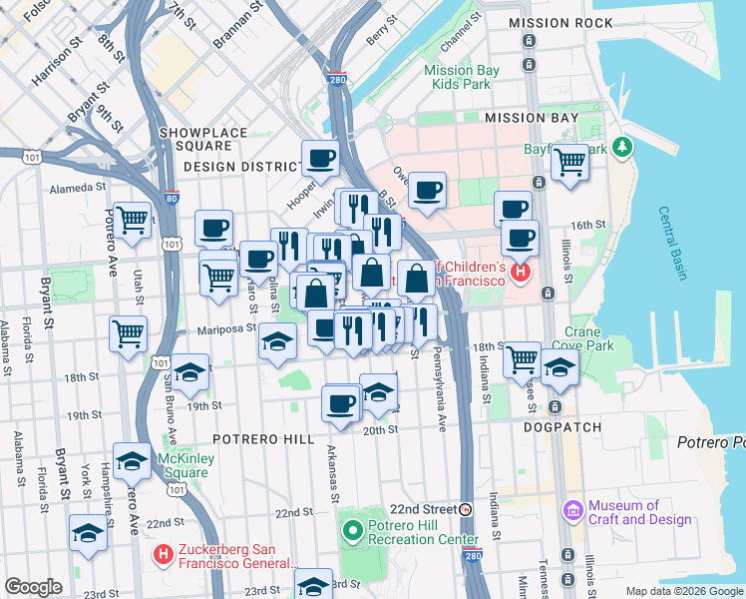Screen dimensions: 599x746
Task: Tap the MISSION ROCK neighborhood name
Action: pos(559,23)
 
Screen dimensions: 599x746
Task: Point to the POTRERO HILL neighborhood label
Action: pos(263,439)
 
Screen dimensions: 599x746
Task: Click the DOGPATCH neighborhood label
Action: pos(562,427)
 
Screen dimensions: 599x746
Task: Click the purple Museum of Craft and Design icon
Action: pos(572,511)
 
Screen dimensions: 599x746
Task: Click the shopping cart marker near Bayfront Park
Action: pos(569,161)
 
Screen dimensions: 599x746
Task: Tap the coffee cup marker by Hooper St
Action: pos(321,157)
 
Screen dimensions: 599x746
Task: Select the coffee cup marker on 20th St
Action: pos(341,403)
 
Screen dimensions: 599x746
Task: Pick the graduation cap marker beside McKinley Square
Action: pos(132,460)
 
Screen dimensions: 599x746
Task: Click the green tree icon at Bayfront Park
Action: pos(624,148)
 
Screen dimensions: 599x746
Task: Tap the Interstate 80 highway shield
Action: pos(172,198)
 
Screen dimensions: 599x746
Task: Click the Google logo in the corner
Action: pos(34,587)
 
